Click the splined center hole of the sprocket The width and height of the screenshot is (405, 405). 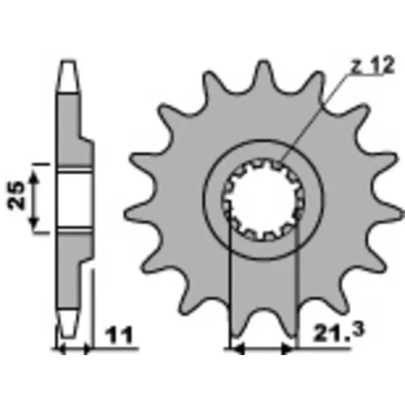263,200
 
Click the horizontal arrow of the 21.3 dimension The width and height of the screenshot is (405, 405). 262,350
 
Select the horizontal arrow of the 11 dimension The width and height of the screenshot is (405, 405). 74,350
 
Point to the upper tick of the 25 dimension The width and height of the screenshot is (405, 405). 41,164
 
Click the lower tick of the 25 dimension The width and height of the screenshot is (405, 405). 41,232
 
